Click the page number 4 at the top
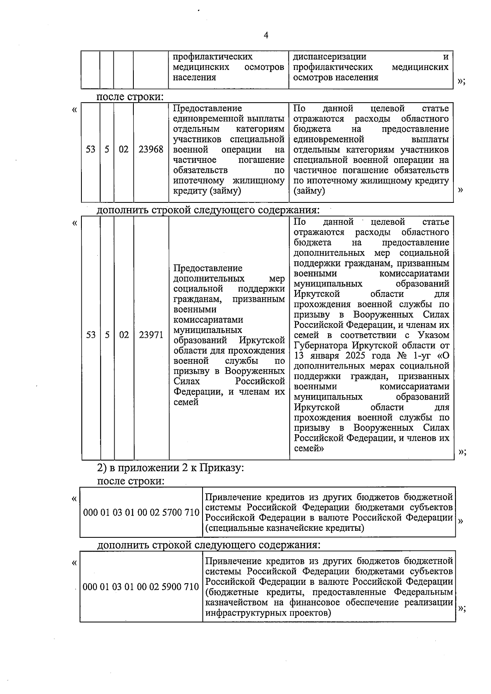coord(266,36)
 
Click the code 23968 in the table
coord(151,150)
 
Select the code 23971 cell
coord(151,335)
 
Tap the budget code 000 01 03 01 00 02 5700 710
coord(141,512)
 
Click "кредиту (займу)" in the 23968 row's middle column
coord(207,191)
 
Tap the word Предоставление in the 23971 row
coord(208,268)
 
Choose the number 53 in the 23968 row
coord(90,150)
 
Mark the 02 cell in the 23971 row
coord(124,335)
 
